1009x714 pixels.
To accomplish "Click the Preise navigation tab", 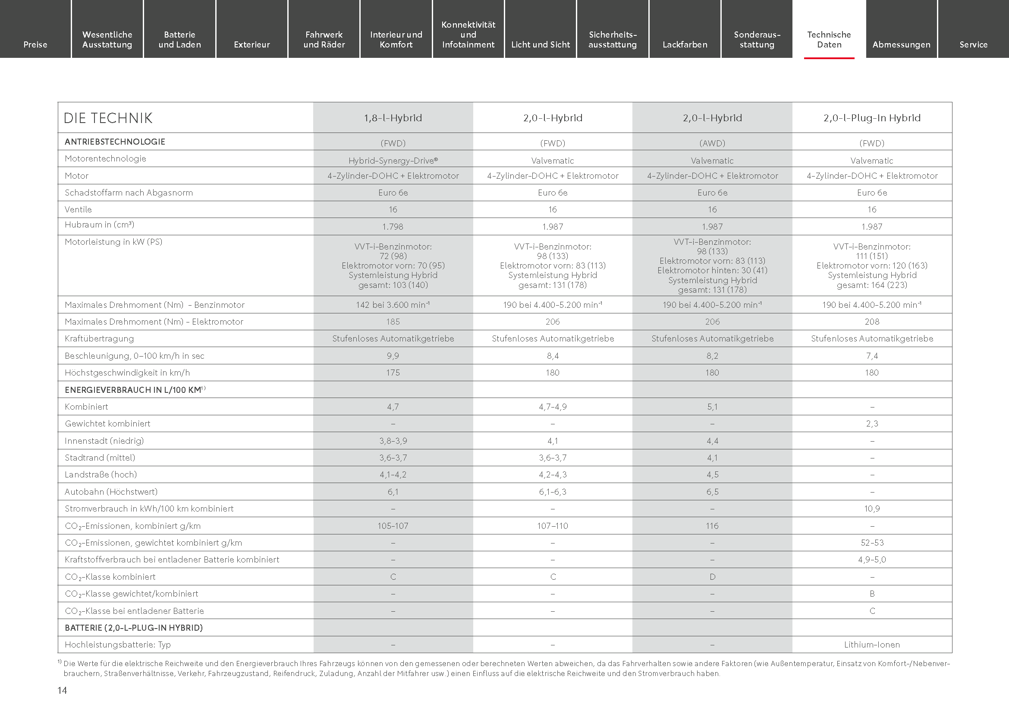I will (35, 44).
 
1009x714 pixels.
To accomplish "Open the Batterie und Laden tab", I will (179, 40).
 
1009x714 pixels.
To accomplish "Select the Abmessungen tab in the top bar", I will (901, 44).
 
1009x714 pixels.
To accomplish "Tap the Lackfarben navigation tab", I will (685, 44).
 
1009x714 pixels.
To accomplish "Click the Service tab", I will (973, 44).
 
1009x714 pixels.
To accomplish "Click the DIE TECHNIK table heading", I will (108, 118).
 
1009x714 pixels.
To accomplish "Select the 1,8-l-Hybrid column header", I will (393, 118).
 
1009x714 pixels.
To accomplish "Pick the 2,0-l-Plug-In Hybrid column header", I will (872, 118).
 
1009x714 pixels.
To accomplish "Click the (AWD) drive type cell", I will (712, 143).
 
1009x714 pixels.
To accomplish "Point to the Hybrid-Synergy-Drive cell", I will (393, 161).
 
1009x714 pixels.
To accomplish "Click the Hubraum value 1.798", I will (393, 227).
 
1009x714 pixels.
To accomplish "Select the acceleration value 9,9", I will (393, 356).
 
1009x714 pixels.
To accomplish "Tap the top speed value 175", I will (393, 373).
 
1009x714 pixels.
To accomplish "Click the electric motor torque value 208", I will (872, 322).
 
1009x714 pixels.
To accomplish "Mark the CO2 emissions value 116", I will (712, 526).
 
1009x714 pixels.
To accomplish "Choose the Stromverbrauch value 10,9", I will (872, 509).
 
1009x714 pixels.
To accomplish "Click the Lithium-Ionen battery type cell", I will (872, 644).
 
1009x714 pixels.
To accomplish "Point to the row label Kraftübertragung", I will (99, 338).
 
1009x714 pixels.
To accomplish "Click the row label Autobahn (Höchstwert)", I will (111, 492).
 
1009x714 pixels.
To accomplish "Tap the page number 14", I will (63, 691).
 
